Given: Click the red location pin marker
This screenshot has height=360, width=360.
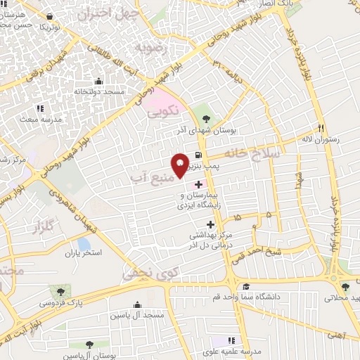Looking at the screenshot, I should pos(180,165).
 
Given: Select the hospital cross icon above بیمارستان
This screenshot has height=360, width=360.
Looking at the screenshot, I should pos(198,184).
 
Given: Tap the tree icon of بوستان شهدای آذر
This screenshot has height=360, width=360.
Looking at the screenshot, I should pos(205,110).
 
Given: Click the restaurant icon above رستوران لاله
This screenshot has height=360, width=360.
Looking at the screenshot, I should pos(321,129).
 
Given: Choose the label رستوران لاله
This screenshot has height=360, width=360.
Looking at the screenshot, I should pos(321,139).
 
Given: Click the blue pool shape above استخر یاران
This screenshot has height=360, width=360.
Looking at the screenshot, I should pos(84,244).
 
